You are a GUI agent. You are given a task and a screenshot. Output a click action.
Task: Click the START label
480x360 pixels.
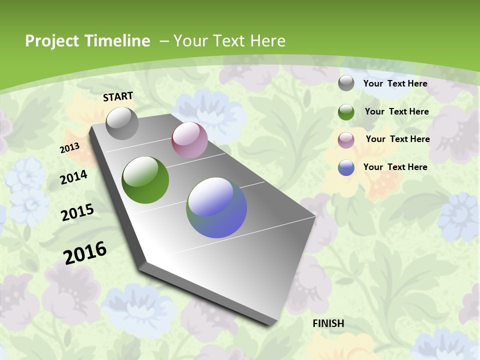point(118,96)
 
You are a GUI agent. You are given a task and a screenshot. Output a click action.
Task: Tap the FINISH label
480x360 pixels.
point(328,323)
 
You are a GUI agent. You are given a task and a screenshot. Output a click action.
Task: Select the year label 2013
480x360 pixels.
point(70,148)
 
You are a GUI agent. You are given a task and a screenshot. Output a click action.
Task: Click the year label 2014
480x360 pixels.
point(74,177)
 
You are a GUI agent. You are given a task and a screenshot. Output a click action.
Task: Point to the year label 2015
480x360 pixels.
point(77,212)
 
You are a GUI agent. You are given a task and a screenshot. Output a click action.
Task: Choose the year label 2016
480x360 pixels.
point(85,252)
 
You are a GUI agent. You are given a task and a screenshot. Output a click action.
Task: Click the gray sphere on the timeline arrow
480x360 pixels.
point(122,123)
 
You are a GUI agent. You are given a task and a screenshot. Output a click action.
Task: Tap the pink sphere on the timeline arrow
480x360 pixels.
point(189,140)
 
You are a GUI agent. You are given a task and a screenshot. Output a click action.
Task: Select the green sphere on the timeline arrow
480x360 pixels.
point(145,180)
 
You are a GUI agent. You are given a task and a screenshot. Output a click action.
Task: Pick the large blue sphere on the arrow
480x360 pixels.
point(216,207)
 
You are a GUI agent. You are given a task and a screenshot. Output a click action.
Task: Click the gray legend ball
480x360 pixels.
point(346,83)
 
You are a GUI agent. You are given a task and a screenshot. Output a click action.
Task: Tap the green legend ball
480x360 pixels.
point(346,112)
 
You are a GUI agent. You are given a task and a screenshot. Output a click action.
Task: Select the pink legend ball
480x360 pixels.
point(346,140)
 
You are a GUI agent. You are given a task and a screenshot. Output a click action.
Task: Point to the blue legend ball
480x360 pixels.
point(346,167)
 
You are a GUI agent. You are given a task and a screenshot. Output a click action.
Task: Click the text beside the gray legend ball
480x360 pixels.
point(395,83)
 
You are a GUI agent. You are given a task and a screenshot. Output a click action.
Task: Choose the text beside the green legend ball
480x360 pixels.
point(396,111)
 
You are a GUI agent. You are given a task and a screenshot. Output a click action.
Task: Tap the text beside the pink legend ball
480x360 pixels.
point(397,139)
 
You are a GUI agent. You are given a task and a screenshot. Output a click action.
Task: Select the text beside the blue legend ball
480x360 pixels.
point(395,167)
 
